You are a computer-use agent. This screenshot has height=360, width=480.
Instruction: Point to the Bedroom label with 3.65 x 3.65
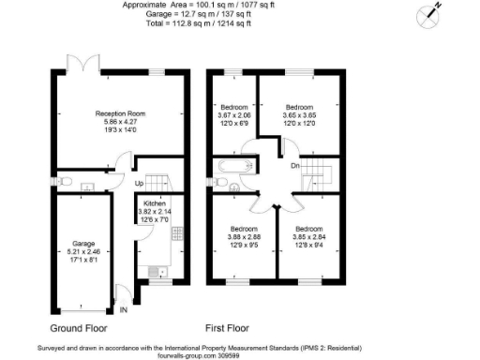(x=300, y=106)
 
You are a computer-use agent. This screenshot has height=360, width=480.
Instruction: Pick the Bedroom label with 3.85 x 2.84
(x=307, y=229)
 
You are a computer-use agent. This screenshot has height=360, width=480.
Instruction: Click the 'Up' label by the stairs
(x=139, y=183)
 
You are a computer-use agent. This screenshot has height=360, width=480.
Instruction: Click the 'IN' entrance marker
(x=123, y=309)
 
